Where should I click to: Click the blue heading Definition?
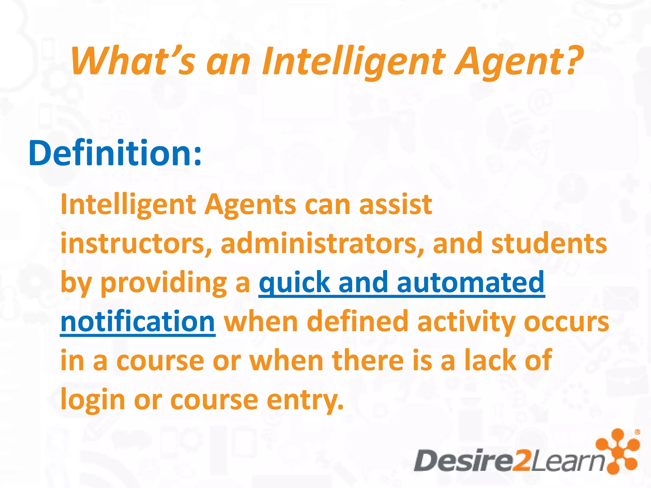tap(115, 153)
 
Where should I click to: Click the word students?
tap(549, 244)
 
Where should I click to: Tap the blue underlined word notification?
tap(138, 322)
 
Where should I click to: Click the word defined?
tap(358, 322)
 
